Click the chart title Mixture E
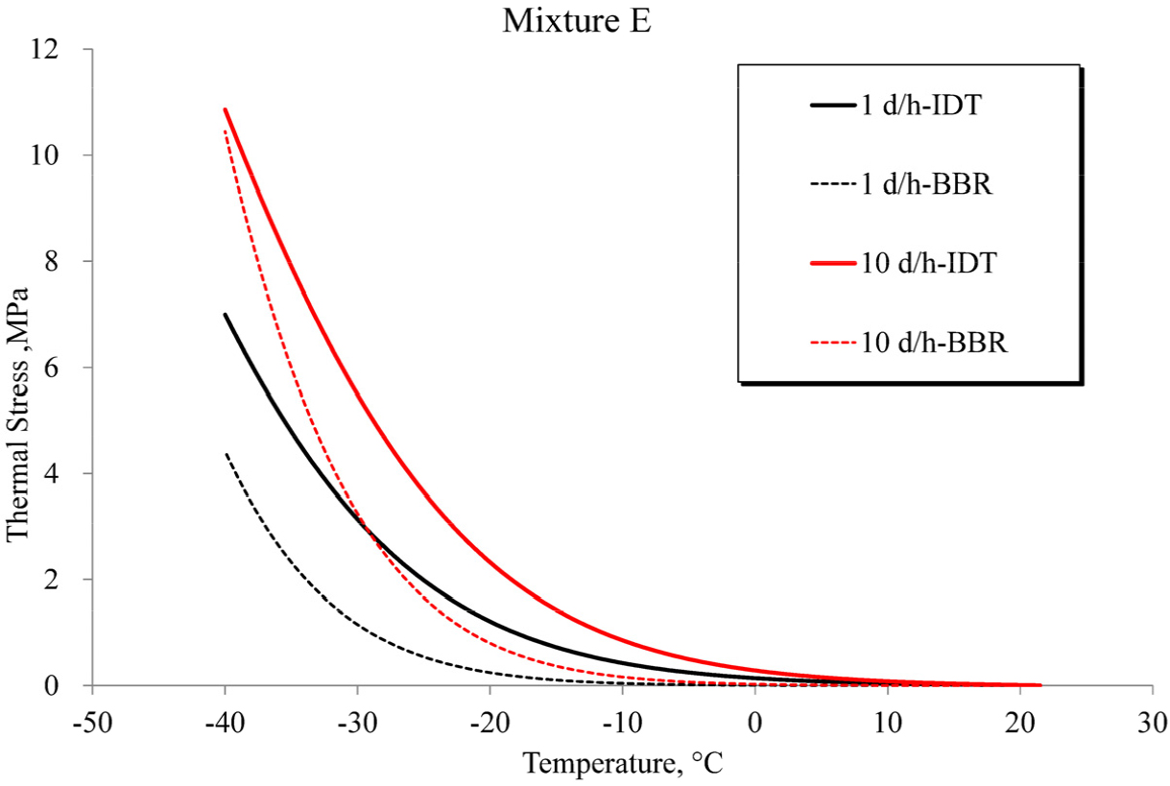click(x=577, y=20)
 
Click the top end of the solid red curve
click(x=226, y=109)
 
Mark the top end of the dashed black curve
click(x=226, y=453)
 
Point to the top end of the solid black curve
click(x=226, y=315)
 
